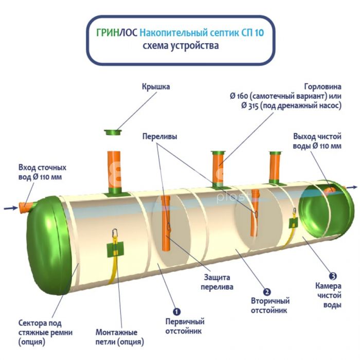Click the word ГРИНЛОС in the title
[x=116, y=33]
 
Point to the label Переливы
[x=158, y=137]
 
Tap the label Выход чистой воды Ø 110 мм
[x=317, y=141]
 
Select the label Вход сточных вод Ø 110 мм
[x=42, y=172]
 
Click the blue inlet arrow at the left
[x=10, y=208]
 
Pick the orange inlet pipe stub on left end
[x=26, y=207]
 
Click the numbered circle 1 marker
[x=176, y=311]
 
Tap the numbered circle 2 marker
[x=267, y=291]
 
